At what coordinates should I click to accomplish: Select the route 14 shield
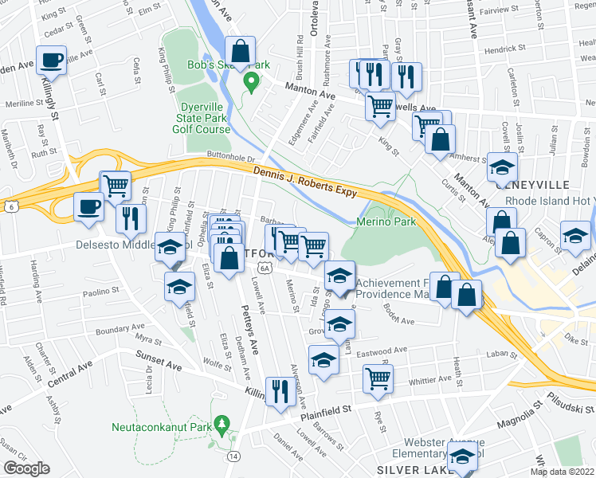(233, 456)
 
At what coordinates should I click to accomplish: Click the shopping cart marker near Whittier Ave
(378, 378)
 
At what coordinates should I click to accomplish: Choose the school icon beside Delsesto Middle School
(169, 248)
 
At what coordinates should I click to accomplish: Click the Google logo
(26, 468)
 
